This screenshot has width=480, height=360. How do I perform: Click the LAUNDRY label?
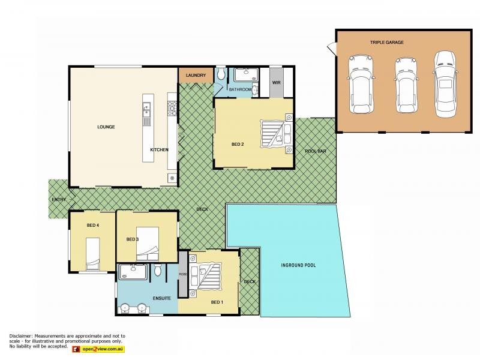pyautogui.click(x=196, y=75)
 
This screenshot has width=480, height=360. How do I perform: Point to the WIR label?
pyautogui.click(x=276, y=83)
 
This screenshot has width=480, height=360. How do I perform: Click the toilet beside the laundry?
pyautogui.click(x=221, y=74)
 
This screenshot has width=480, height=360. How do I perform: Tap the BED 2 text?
pyautogui.click(x=238, y=144)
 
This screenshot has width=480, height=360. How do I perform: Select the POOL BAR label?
pyautogui.click(x=315, y=151)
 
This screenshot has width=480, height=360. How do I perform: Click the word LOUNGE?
pyautogui.click(x=106, y=127)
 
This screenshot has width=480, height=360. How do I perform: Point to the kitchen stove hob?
pyautogui.click(x=171, y=108)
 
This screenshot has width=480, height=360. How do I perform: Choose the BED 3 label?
pyautogui.click(x=133, y=239)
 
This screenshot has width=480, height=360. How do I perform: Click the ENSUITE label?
pyautogui.click(x=162, y=298)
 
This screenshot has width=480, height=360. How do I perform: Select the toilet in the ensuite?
pyautogui.click(x=158, y=271)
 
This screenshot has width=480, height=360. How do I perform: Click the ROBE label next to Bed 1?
pyautogui.click(x=182, y=274)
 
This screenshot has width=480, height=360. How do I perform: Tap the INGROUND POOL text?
pyautogui.click(x=298, y=265)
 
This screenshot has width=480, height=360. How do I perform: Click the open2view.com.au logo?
pyautogui.click(x=98, y=349)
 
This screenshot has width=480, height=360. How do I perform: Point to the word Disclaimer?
pyautogui.click(x=20, y=335)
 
